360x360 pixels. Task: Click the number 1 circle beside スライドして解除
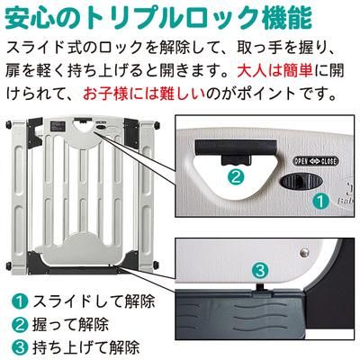pos(18,301)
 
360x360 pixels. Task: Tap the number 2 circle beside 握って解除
pos(18,322)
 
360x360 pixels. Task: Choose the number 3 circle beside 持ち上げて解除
pos(18,344)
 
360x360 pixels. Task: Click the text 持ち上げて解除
pos(86,344)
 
